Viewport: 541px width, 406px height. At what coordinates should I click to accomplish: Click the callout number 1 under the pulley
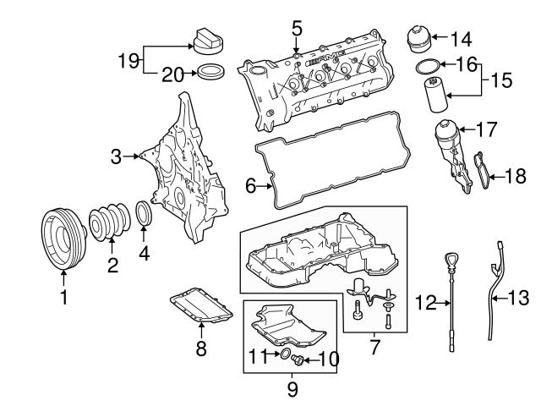coord(63,297)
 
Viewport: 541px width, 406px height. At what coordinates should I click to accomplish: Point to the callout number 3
coord(117,156)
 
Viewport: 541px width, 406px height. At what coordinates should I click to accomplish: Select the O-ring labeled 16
coord(429,66)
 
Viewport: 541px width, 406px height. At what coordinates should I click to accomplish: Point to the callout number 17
coord(484,131)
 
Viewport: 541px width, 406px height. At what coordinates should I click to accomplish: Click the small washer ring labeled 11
coord(285,354)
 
